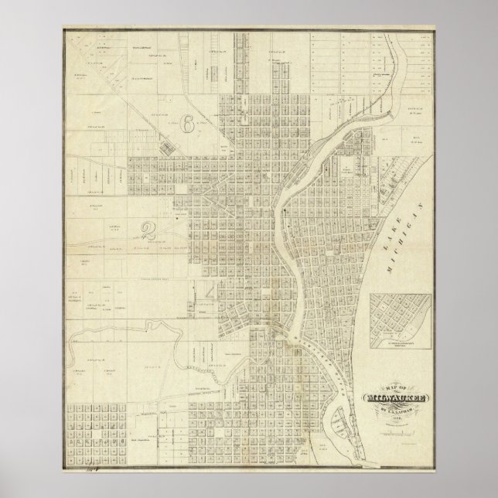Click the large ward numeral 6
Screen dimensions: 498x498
coord(188,121)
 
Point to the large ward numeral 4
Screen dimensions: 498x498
coord(211,293)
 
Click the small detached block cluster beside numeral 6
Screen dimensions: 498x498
coord(166,143)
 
